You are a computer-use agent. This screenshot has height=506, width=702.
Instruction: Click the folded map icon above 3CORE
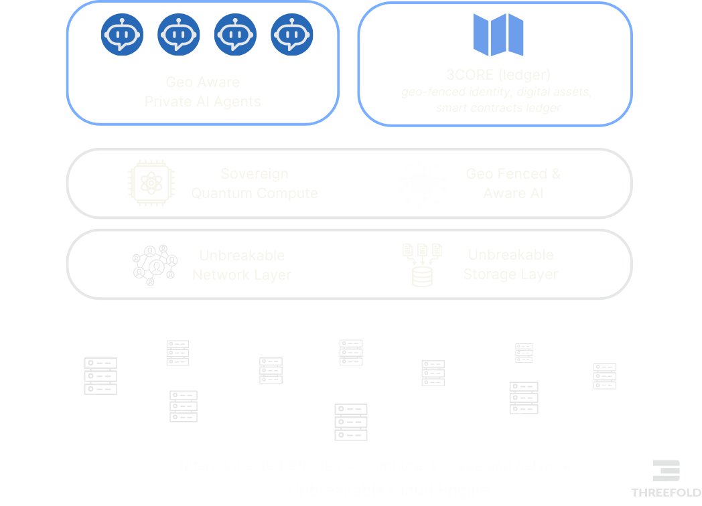(x=498, y=34)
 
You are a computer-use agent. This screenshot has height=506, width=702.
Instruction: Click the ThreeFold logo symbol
(x=666, y=471)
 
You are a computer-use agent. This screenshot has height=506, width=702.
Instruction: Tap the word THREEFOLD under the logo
(x=666, y=492)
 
